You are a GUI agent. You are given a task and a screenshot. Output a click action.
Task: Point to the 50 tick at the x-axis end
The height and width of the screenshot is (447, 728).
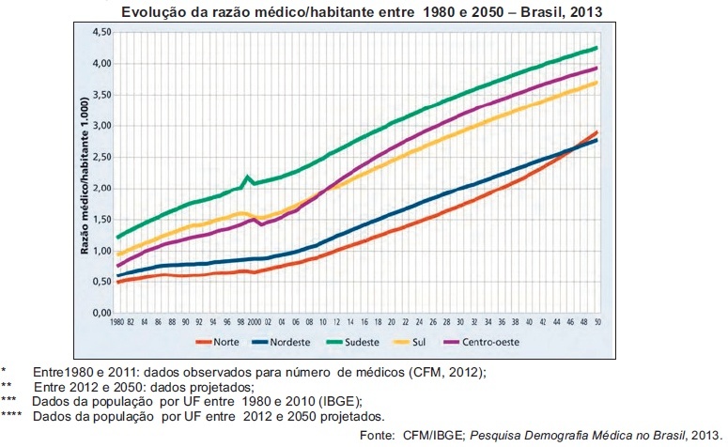[x=597, y=323]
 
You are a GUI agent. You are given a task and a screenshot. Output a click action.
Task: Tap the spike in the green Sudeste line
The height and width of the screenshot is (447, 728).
[x=247, y=177]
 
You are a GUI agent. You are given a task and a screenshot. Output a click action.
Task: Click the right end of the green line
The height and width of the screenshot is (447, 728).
[x=597, y=47]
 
